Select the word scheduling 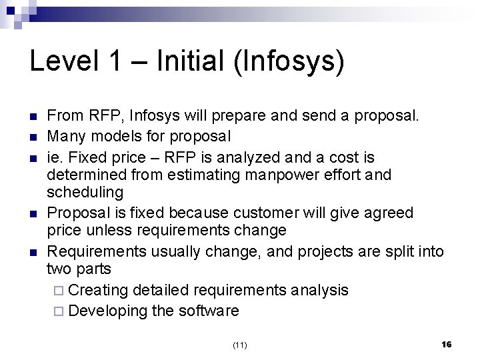tap(85, 193)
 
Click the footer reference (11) tap(240, 345)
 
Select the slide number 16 tap(447, 344)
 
